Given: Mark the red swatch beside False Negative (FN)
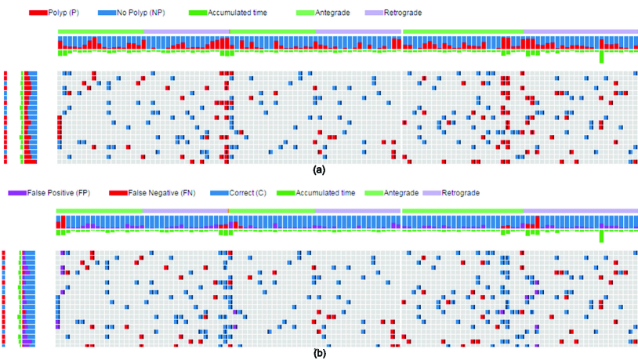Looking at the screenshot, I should coord(118,193).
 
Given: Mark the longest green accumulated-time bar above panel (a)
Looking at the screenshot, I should coord(602,57).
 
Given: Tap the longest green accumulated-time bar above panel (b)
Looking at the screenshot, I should coord(602,236).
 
